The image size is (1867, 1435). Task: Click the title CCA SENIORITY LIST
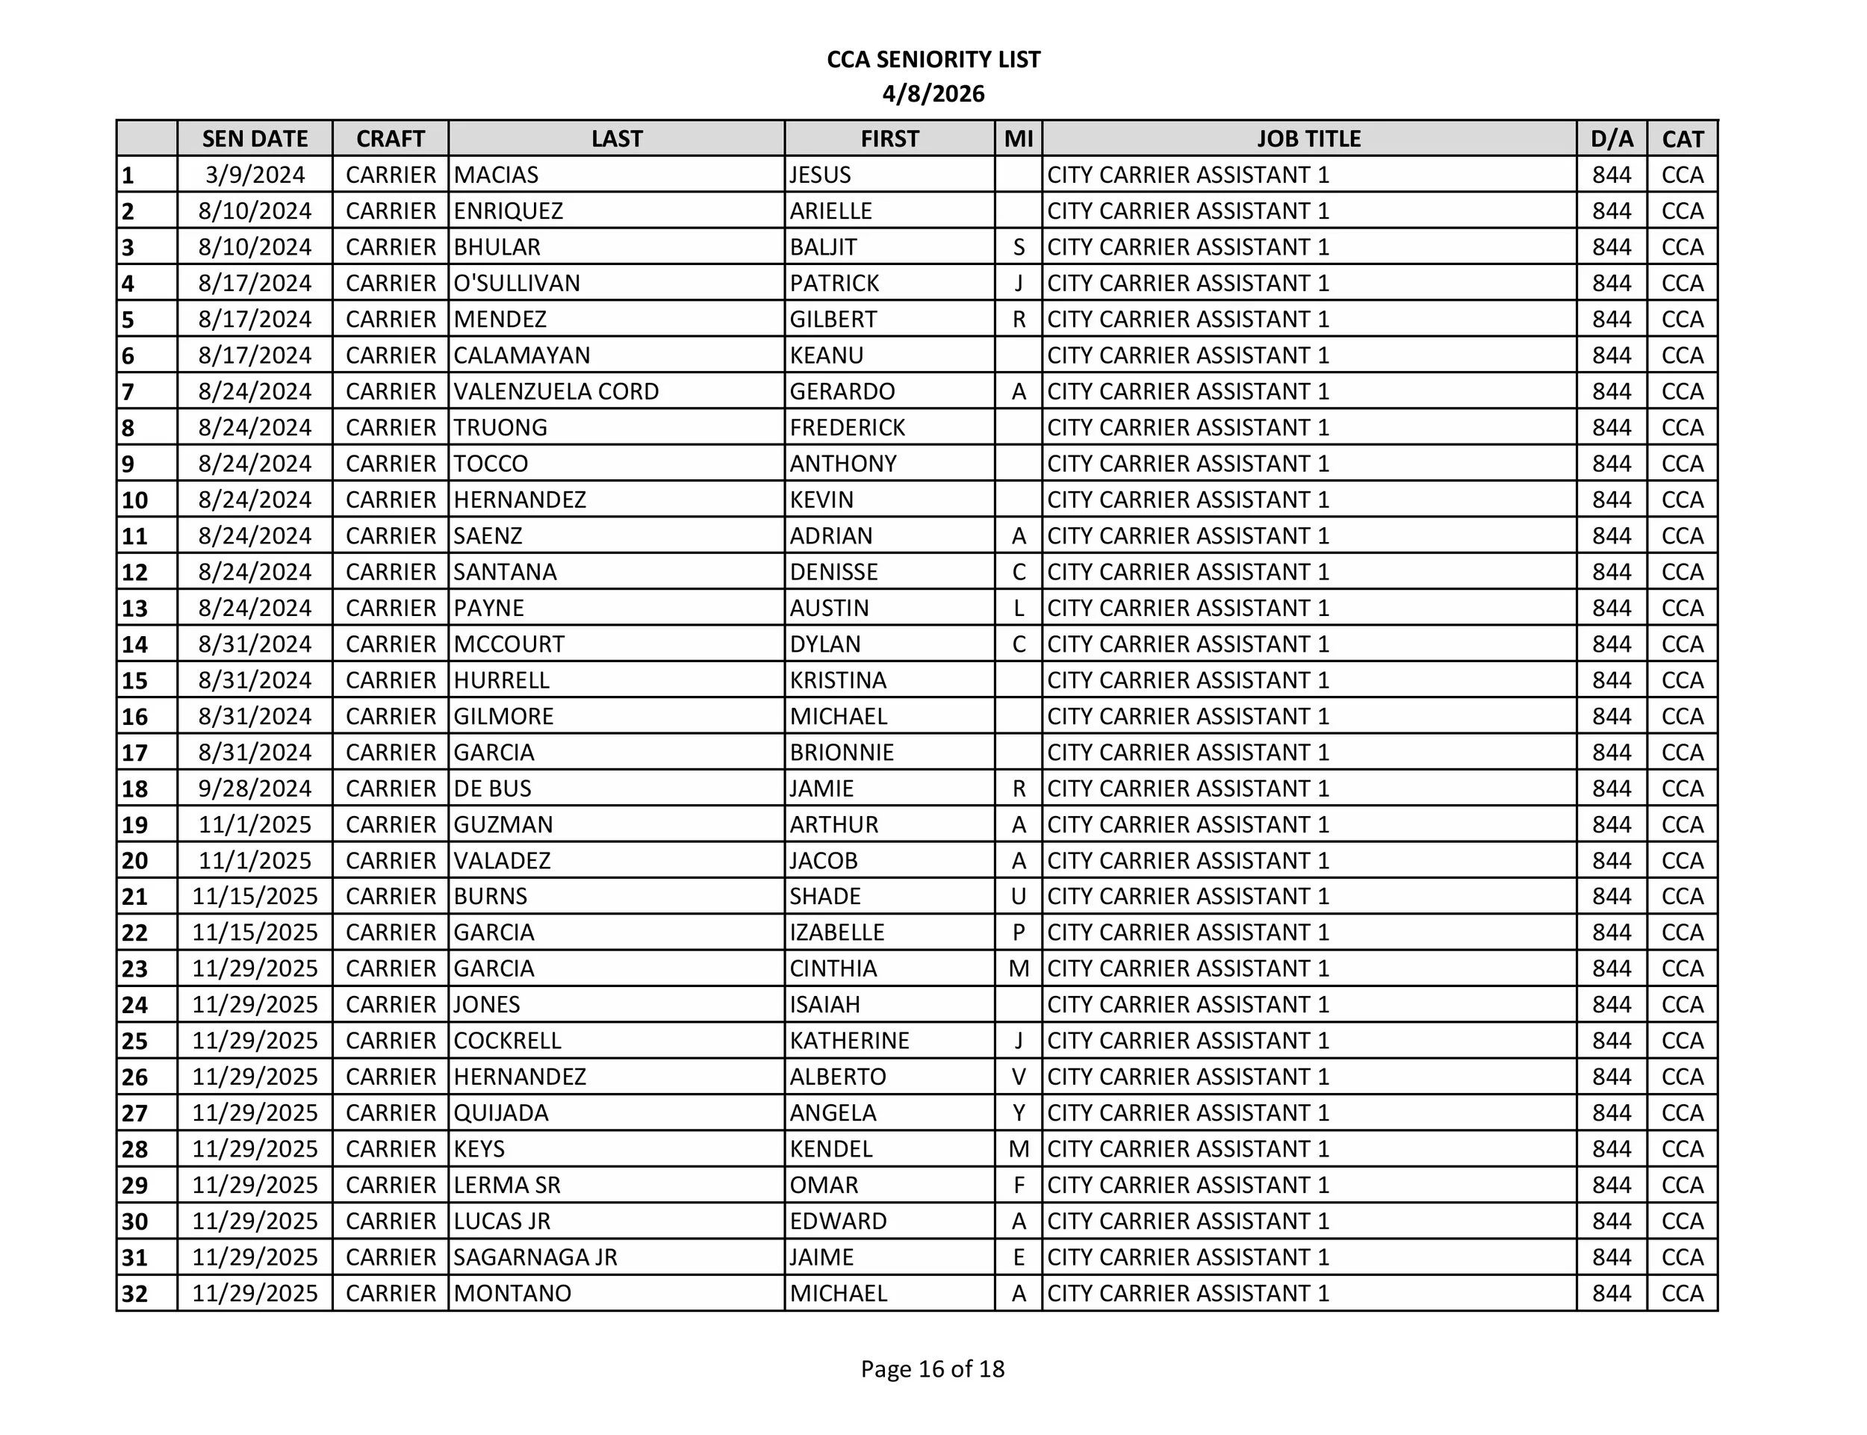(x=933, y=60)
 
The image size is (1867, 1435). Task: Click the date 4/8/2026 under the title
(x=933, y=94)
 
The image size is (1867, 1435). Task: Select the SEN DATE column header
(x=255, y=138)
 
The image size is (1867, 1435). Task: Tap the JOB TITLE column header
(x=1308, y=138)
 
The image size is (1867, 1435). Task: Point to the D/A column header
(x=1612, y=138)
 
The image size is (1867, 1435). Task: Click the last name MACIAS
(x=496, y=175)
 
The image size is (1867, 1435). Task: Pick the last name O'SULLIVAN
(x=516, y=283)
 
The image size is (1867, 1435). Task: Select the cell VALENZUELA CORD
(x=556, y=391)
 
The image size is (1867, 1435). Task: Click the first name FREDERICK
(x=847, y=427)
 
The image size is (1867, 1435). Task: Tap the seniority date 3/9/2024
(x=255, y=175)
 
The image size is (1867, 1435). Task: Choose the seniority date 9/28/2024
(x=255, y=788)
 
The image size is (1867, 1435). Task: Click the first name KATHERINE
(x=849, y=1040)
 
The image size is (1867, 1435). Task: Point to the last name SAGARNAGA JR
(x=535, y=1257)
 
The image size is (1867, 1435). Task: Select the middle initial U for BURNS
(x=1019, y=896)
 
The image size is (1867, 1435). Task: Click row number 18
(x=135, y=789)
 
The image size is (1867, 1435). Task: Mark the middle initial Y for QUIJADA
(x=1019, y=1113)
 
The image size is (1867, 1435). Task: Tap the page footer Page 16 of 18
(x=932, y=1369)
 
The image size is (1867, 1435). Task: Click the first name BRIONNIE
(x=842, y=753)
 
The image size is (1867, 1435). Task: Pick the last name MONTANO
(x=512, y=1293)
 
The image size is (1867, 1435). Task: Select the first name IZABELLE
(x=836, y=932)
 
